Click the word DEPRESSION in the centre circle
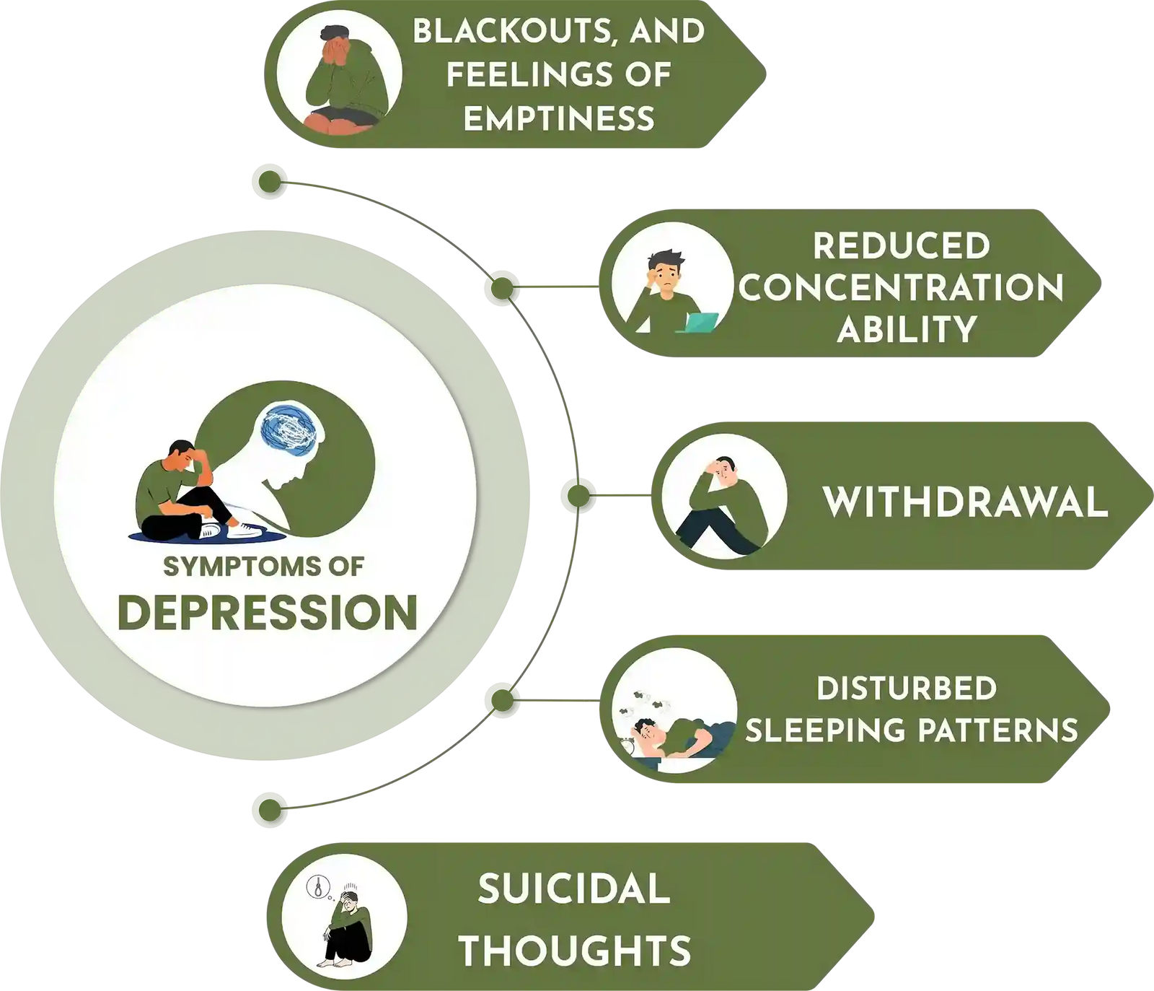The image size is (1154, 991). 268,612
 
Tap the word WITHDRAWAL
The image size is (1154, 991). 965,502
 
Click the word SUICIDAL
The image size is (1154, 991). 574,889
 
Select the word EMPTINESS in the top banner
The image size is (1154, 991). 559,118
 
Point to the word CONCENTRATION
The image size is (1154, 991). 901,287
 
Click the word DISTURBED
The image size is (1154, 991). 907,689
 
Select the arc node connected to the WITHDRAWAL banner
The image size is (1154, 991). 578,496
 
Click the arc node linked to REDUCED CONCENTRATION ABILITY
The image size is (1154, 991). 501,287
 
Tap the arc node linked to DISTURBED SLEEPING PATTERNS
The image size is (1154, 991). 501,699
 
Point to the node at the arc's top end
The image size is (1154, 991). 269,182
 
